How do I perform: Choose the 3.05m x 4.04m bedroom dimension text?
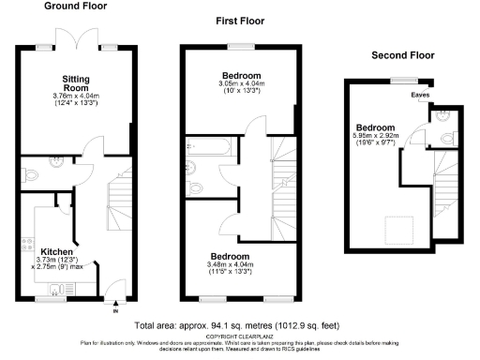point(241,88)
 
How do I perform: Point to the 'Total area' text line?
point(240,325)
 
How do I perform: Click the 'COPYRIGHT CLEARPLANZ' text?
point(240,336)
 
